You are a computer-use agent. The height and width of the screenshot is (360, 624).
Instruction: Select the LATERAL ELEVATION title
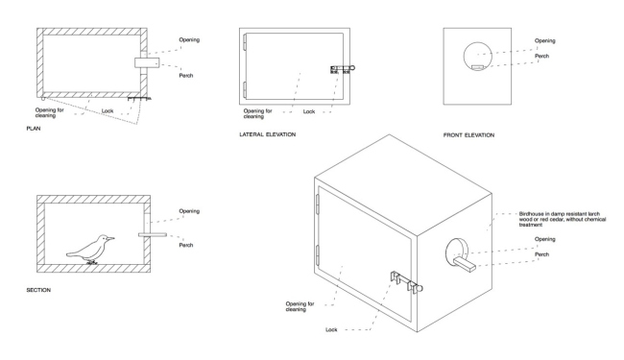(x=268, y=135)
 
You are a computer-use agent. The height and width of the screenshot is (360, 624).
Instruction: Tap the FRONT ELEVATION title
(x=469, y=135)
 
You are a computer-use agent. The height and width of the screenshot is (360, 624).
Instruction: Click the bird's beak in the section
(x=112, y=237)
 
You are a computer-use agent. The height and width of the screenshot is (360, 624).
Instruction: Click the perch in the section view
(x=152, y=232)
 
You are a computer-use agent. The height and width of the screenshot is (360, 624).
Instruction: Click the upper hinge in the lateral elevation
(x=246, y=41)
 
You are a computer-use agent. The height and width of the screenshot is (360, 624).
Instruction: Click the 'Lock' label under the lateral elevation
(x=310, y=111)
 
